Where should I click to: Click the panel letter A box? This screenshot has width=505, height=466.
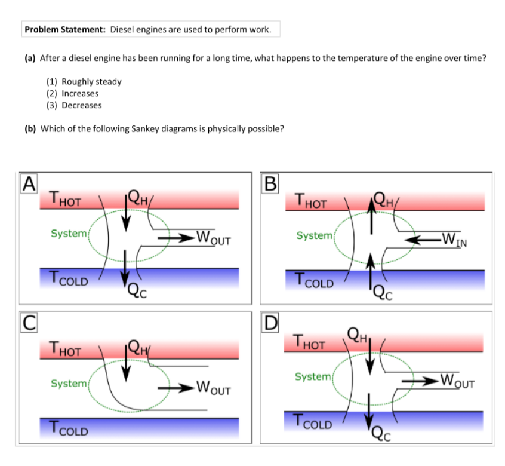click(27, 182)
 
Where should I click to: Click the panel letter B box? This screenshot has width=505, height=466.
click(270, 182)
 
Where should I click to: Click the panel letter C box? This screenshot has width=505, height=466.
click(27, 321)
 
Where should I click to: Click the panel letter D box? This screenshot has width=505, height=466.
click(270, 322)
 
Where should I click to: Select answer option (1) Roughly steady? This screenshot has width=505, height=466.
click(84, 81)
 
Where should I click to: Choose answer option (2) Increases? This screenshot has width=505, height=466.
click(73, 93)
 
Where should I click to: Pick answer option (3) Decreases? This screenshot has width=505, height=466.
click(75, 105)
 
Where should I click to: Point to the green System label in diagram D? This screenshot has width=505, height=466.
click(313, 376)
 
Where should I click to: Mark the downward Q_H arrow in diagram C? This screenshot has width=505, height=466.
click(126, 363)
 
